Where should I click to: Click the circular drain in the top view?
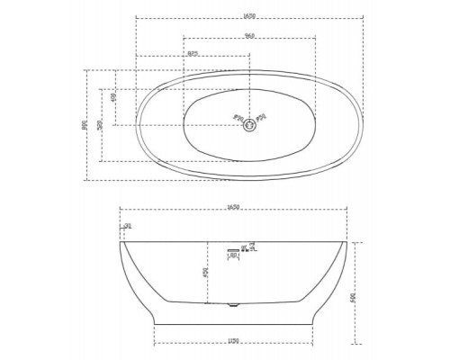(x=249, y=125)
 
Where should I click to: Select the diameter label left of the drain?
(x=237, y=117)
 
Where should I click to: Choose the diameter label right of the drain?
(x=262, y=117)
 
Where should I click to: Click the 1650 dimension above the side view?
(x=235, y=213)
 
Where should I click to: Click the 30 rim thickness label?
(x=127, y=226)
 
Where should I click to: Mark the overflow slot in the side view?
(x=235, y=249)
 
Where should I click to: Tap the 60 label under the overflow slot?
(x=234, y=256)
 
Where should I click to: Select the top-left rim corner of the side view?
(x=121, y=241)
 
